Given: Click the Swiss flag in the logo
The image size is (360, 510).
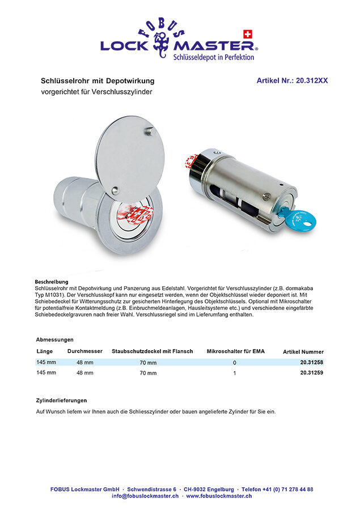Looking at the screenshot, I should (247, 33).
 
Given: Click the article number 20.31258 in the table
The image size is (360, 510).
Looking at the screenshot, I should (311, 362).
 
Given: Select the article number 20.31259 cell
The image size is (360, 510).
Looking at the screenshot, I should (311, 373).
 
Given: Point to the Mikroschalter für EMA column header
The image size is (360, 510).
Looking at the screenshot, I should (235, 351).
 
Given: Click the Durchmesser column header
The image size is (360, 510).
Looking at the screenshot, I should (85, 351).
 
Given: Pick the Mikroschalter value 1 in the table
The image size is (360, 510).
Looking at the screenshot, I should (235, 373).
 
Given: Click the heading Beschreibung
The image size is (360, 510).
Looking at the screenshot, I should (52, 282).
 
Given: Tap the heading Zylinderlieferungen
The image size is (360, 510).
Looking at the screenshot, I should (62, 400).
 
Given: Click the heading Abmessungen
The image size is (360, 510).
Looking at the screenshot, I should (55, 339).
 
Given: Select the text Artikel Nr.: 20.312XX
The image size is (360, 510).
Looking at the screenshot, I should (292, 81).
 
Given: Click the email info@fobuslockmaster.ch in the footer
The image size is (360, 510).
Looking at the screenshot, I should (145, 496).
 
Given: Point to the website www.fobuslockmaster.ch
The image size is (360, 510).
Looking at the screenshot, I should (219, 496).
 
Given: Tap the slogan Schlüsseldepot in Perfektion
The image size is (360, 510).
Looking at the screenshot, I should (213, 57).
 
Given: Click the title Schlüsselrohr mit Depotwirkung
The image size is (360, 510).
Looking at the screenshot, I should (98, 81).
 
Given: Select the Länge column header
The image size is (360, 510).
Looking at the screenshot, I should (45, 351).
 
